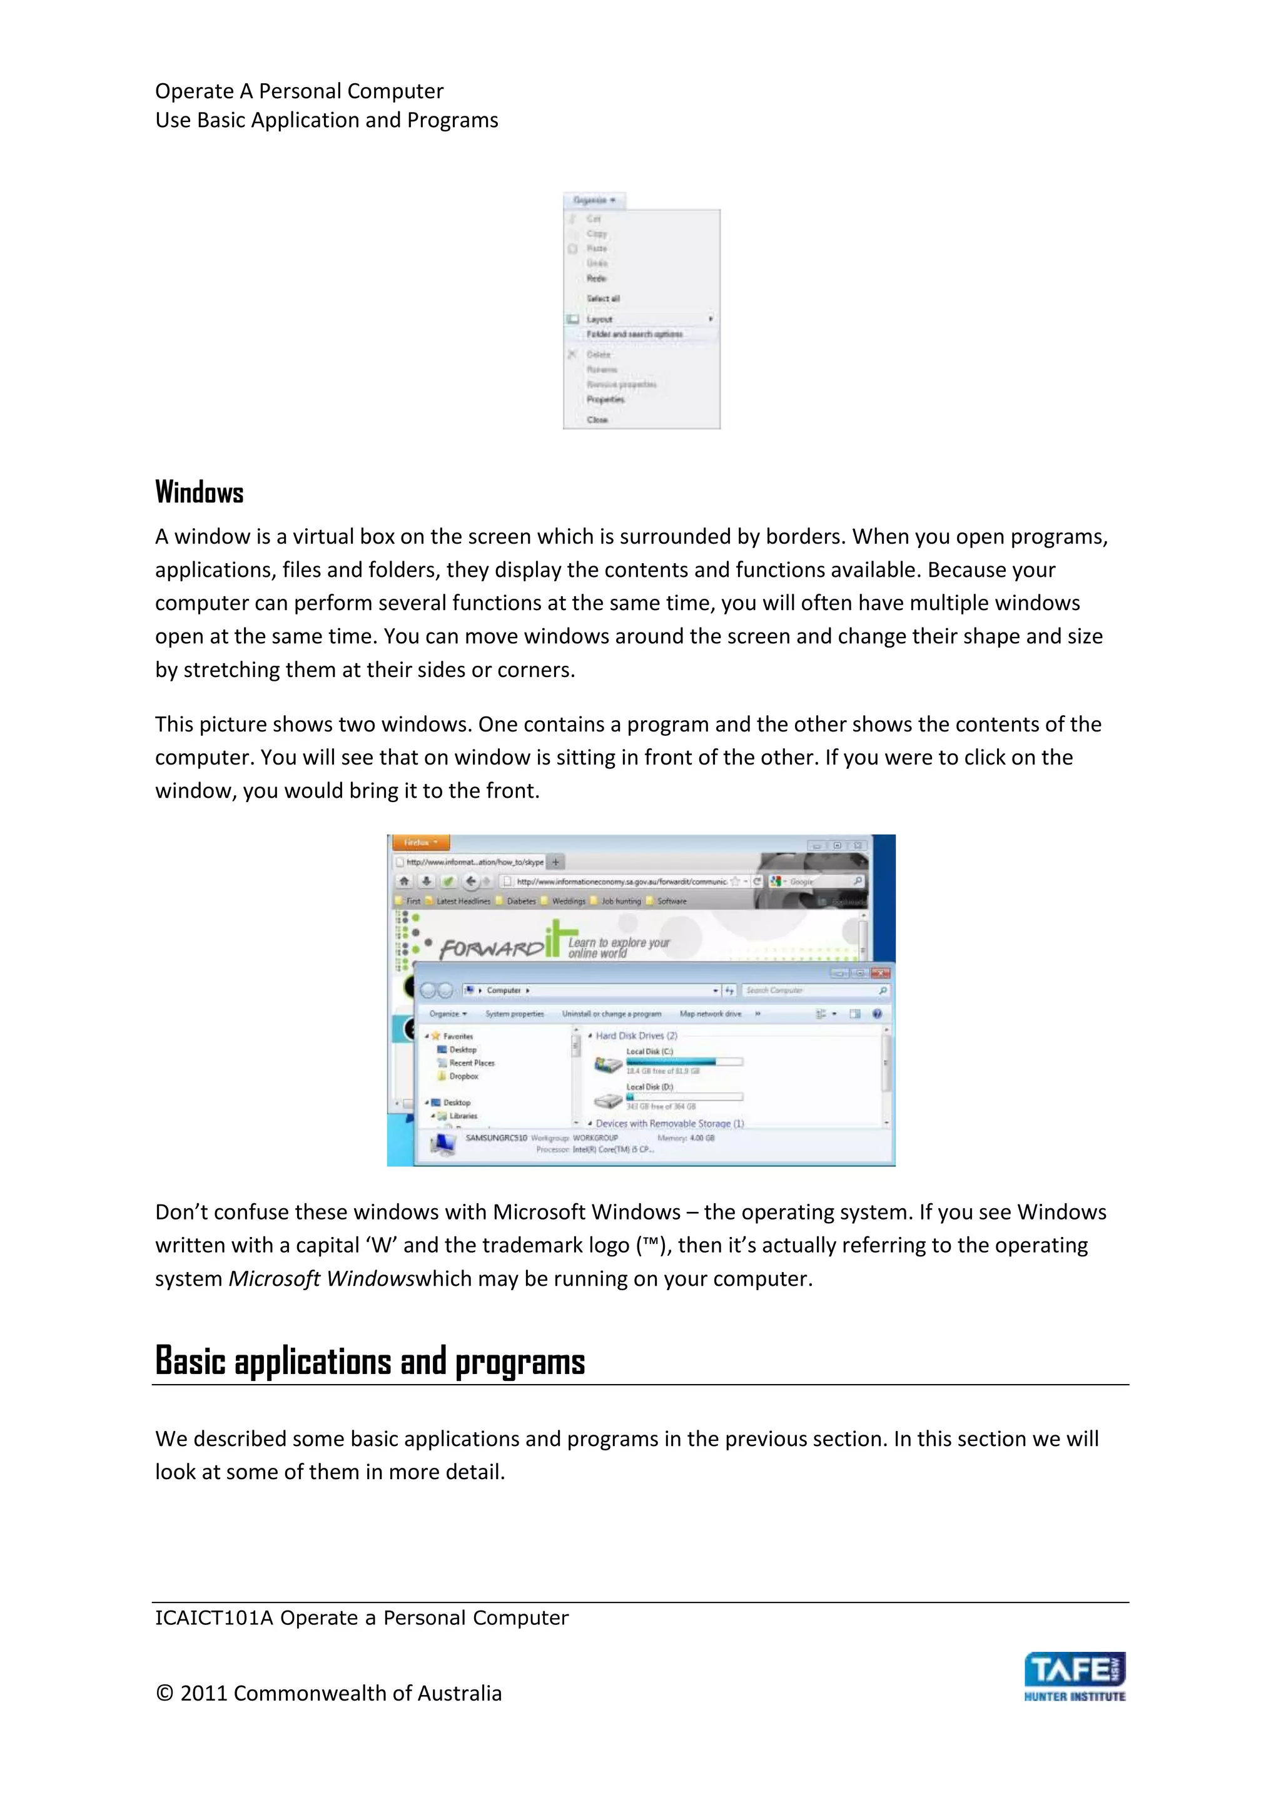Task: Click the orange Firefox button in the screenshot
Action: click(x=420, y=843)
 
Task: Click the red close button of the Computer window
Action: click(x=880, y=973)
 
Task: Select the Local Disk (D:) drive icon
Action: click(x=608, y=1100)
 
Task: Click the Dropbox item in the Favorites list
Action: click(x=463, y=1076)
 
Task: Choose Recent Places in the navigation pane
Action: click(x=471, y=1063)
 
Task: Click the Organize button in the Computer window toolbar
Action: click(x=447, y=1014)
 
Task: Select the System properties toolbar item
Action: click(x=514, y=1014)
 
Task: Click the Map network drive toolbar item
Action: click(x=710, y=1014)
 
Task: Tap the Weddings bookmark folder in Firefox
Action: click(x=568, y=901)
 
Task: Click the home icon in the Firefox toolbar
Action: click(x=404, y=882)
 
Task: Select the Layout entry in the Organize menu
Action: click(x=599, y=320)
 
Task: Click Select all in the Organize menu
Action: click(x=602, y=299)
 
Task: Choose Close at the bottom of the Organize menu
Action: click(x=597, y=420)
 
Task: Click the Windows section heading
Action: click(x=199, y=492)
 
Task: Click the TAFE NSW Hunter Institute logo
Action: click(x=1075, y=1677)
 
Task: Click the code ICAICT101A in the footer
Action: click(x=213, y=1618)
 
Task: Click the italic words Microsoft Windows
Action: click(x=321, y=1278)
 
